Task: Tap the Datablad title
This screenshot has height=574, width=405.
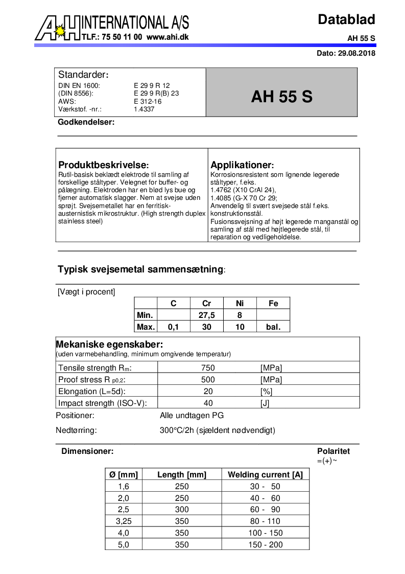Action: (x=346, y=19)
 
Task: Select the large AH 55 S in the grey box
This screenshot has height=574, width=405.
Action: (x=281, y=97)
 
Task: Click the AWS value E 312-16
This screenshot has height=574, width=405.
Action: (x=148, y=101)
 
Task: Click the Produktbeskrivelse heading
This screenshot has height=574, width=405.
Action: (x=104, y=165)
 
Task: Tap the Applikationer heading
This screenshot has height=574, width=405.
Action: (x=242, y=165)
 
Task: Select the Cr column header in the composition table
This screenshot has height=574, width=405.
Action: (x=207, y=303)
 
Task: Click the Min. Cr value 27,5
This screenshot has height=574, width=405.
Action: (x=207, y=315)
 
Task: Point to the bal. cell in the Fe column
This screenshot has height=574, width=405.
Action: (x=273, y=327)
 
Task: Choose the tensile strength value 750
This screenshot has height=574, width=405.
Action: (x=208, y=368)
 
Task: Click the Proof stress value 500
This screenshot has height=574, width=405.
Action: (x=208, y=380)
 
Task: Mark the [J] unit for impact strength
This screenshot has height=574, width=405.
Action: (x=265, y=403)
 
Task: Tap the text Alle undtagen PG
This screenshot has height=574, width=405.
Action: (x=192, y=416)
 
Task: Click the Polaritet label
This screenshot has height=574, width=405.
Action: (x=333, y=451)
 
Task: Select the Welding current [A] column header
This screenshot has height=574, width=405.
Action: (x=265, y=475)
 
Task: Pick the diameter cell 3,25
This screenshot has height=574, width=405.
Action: (x=124, y=521)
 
